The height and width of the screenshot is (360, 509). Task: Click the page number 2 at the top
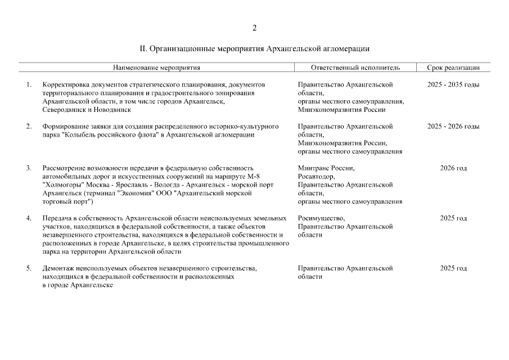point(254,28)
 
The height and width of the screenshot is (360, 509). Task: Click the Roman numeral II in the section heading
point(142,49)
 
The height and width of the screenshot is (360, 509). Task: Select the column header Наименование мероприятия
point(156,67)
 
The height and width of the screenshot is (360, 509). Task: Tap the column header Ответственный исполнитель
point(355,67)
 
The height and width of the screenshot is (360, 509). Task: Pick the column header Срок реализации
point(453,67)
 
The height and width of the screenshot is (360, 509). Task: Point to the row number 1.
point(29,84)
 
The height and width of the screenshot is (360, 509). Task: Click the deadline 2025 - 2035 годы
point(453,84)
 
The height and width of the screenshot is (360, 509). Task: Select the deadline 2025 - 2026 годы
point(453,126)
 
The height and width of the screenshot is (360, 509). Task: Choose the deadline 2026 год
point(453,168)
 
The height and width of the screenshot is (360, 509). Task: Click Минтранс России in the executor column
point(326,168)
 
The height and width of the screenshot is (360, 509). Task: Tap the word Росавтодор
point(317,176)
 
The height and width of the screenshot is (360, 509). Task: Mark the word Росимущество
point(321,218)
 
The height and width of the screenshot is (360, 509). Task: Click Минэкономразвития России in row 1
point(341,110)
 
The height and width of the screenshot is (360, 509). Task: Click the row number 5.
point(29,268)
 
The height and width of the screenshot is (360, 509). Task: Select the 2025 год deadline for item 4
point(453,218)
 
